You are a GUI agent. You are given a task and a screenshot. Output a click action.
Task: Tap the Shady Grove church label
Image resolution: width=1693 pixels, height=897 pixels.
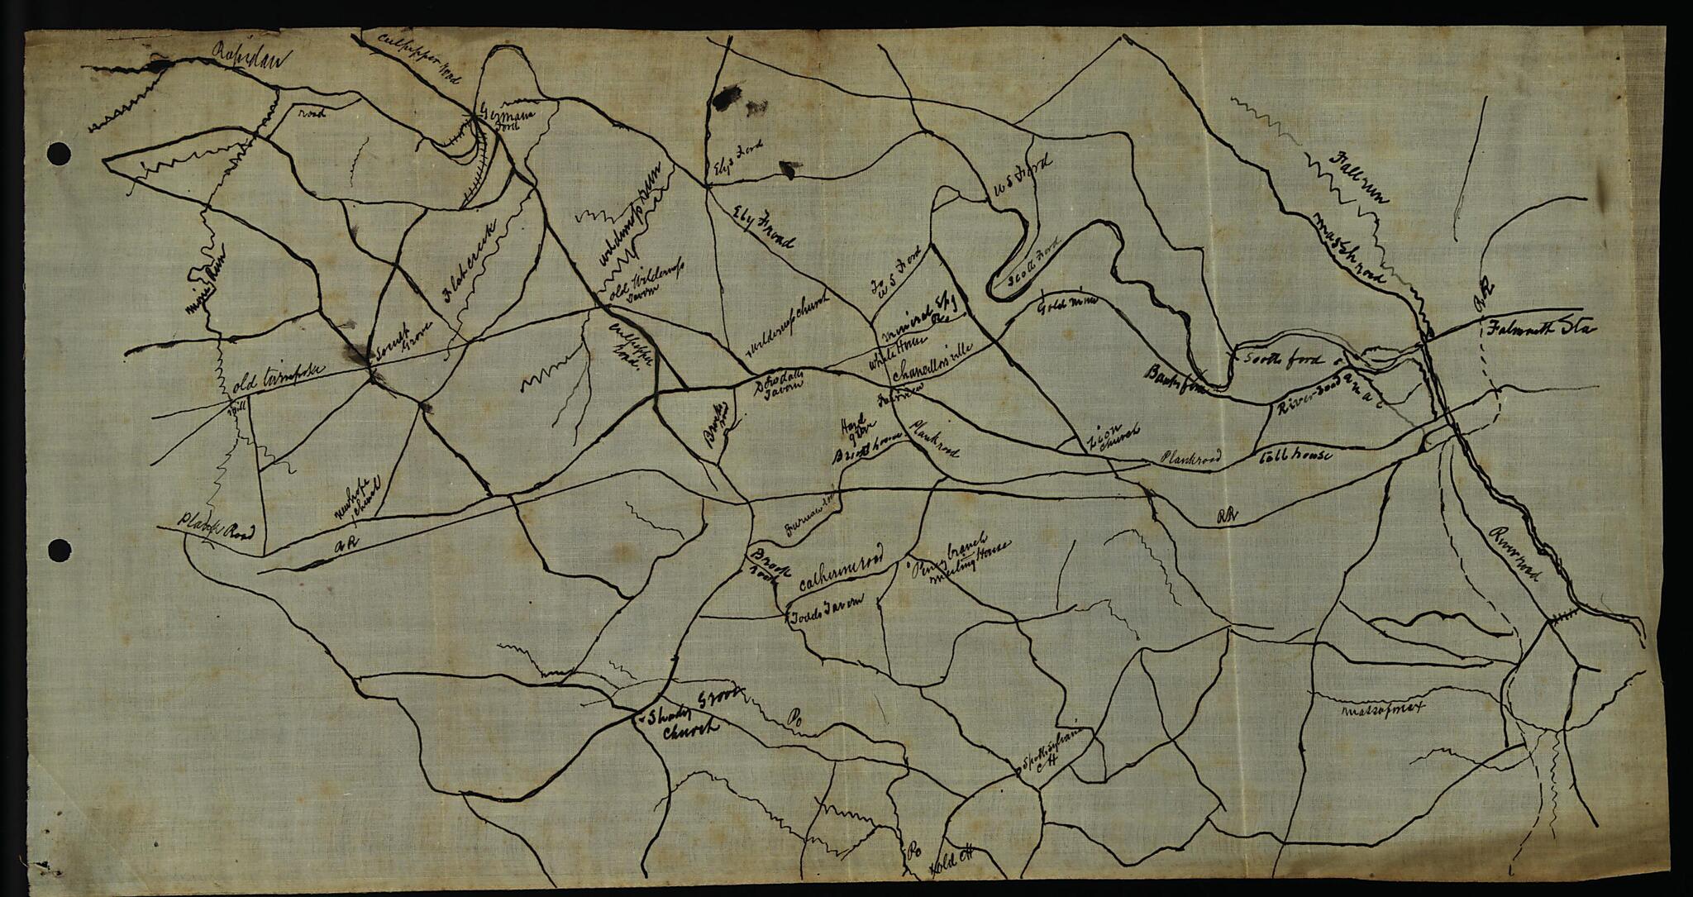pyautogui.click(x=685, y=716)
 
